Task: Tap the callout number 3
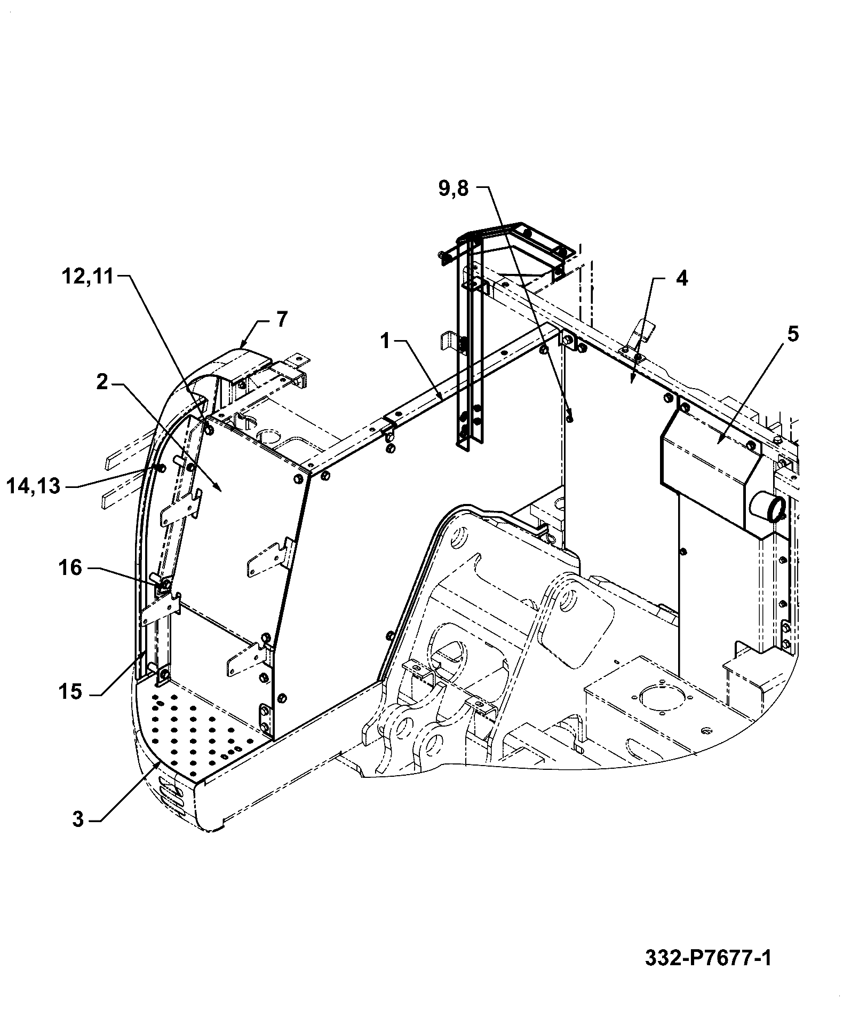tap(78, 819)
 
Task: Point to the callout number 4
tap(682, 279)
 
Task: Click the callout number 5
tap(793, 334)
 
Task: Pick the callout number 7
tap(282, 319)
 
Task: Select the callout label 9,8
tap(454, 188)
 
